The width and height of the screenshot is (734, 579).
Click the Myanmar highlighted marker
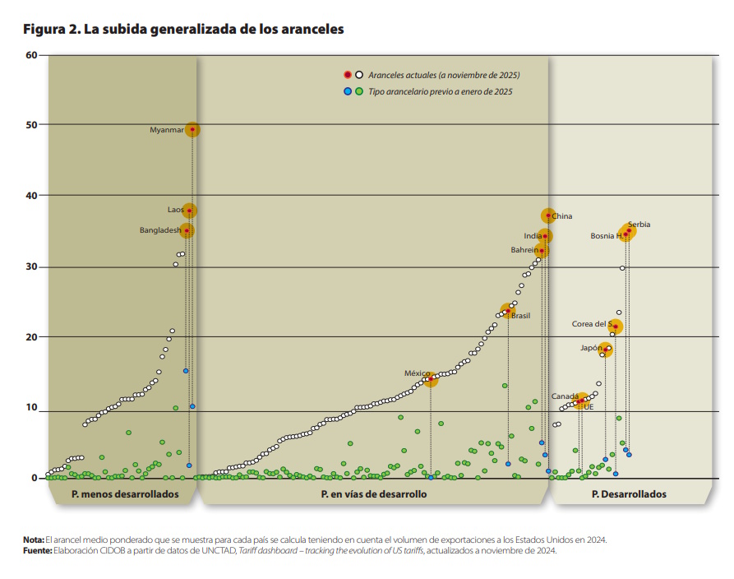click(x=192, y=129)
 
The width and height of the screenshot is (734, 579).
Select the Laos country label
click(x=176, y=211)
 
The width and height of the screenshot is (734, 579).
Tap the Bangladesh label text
click(x=159, y=230)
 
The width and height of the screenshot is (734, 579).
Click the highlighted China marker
click(x=548, y=215)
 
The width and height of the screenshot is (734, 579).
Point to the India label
click(x=533, y=236)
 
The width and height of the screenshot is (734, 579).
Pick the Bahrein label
click(x=524, y=250)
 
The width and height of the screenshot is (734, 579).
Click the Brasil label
click(x=521, y=316)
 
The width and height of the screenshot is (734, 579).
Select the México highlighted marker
click(x=431, y=379)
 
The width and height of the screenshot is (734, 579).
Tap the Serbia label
click(x=639, y=225)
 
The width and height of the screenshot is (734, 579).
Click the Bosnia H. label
click(x=607, y=236)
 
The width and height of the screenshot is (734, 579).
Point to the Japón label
click(x=591, y=348)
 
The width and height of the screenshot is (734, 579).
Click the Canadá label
click(x=565, y=396)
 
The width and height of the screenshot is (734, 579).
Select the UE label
click(x=588, y=406)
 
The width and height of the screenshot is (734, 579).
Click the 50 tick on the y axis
click(x=32, y=124)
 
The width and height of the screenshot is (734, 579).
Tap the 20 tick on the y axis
click(x=32, y=336)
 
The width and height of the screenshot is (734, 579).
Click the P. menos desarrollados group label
click(x=124, y=494)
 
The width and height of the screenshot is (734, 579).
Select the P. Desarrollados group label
click(x=629, y=494)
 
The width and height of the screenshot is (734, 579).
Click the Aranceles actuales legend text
click(x=443, y=75)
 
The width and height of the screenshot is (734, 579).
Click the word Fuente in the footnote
click(x=37, y=550)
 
